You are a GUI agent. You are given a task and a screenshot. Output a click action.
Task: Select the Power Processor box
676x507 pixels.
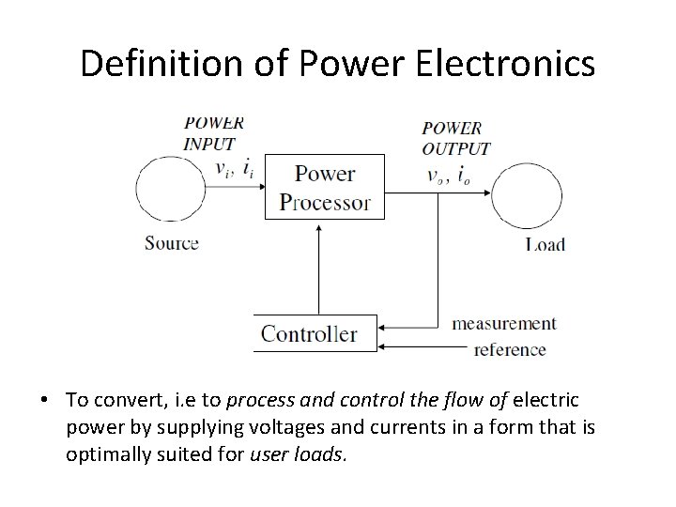[325, 187]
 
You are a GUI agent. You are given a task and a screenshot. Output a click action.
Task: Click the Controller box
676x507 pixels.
[315, 333]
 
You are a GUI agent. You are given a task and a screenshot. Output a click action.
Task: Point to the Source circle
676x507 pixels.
[171, 188]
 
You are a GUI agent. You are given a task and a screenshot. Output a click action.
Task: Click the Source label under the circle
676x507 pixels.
[172, 243]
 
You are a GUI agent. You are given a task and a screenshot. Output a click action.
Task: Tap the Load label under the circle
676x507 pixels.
[545, 244]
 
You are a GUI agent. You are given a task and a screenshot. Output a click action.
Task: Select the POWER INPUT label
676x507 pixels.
[213, 133]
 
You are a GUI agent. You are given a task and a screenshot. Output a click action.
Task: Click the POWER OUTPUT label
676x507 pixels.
[455, 138]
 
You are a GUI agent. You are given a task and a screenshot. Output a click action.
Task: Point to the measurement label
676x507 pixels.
[504, 323]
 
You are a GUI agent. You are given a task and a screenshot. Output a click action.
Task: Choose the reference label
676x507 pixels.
[510, 350]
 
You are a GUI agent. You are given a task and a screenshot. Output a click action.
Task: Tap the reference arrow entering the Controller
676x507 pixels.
[422, 348]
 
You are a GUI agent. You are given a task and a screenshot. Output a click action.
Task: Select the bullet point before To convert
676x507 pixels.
[45, 399]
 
